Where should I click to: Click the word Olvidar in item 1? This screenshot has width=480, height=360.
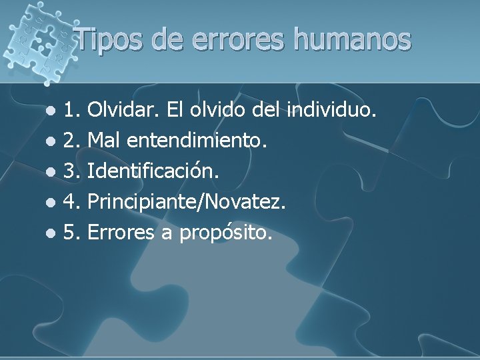click(x=123, y=108)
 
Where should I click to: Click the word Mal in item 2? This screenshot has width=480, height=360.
click(x=103, y=139)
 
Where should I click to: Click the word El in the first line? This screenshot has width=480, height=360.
click(x=173, y=108)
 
